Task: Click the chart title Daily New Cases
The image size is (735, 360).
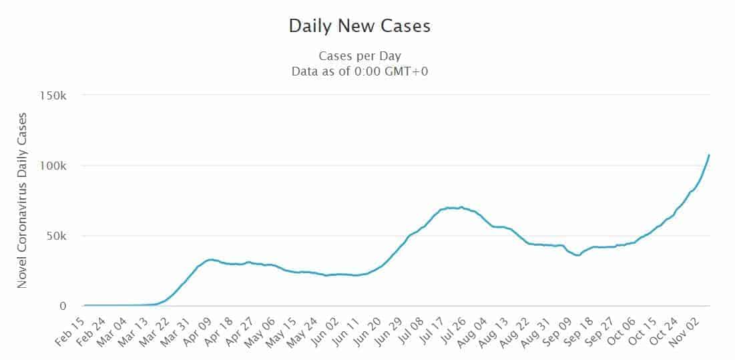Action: click(x=359, y=26)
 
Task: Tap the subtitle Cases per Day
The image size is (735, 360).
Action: click(x=359, y=56)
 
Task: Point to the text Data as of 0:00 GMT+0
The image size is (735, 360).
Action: click(x=359, y=71)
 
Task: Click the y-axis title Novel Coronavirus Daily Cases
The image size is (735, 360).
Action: click(x=22, y=200)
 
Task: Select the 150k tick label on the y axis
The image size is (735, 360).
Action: click(x=53, y=96)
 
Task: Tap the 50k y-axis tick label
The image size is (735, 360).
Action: click(x=57, y=236)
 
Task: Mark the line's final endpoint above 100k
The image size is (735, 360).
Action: click(x=709, y=155)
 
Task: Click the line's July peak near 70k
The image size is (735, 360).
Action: click(x=461, y=207)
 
